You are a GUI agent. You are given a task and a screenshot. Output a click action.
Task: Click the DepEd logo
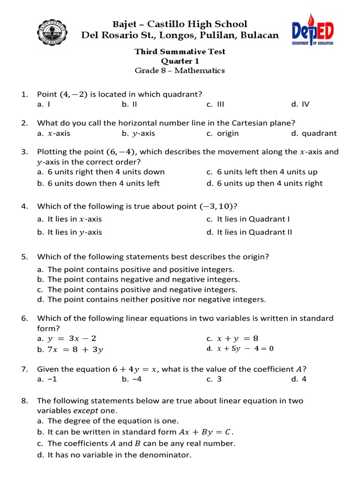coord(313,33)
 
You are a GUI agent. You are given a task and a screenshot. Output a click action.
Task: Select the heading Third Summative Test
coord(180,52)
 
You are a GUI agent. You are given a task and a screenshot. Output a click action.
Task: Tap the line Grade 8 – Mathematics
coord(180,71)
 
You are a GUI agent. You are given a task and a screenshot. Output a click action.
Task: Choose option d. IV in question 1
coord(300,105)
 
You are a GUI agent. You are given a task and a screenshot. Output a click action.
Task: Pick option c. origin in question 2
coord(223,134)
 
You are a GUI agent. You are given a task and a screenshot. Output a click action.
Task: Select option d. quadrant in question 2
coord(314,134)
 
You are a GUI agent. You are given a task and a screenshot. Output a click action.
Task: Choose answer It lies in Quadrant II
coord(255,232)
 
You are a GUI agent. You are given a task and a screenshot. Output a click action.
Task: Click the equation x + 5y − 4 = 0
coord(245,349)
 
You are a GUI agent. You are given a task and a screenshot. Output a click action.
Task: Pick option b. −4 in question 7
coord(132,380)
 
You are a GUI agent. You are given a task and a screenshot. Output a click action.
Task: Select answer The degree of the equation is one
coord(113,421)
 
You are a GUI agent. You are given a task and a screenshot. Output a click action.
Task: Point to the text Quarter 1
coord(180,61)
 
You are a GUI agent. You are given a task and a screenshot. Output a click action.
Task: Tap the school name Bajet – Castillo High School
coord(180,24)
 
